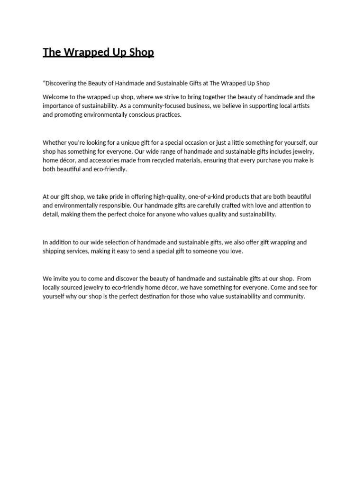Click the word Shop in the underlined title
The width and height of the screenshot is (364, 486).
click(x=141, y=52)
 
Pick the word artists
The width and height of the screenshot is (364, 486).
click(x=300, y=106)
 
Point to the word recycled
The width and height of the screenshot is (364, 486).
click(x=167, y=160)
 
